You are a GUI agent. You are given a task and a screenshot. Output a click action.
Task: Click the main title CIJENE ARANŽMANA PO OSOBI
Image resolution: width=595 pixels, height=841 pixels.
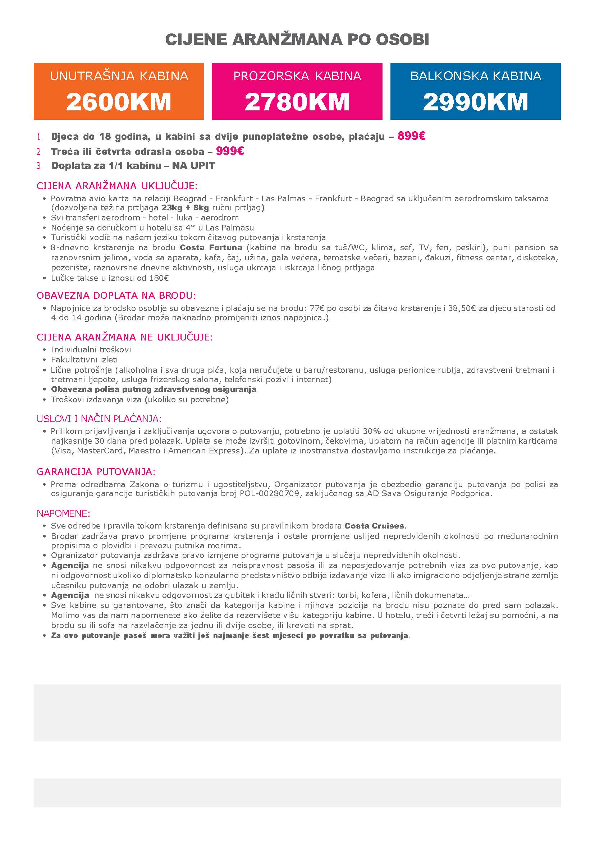tap(297, 40)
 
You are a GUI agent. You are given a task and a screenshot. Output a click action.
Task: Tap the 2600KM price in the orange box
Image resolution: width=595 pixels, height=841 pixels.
tap(119, 102)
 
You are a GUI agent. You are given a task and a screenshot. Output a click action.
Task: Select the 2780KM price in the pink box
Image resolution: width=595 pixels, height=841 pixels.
tap(297, 102)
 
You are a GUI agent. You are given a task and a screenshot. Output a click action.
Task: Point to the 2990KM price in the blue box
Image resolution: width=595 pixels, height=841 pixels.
tap(475, 102)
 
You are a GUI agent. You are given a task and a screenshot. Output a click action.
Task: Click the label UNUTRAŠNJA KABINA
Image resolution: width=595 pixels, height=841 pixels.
tap(119, 76)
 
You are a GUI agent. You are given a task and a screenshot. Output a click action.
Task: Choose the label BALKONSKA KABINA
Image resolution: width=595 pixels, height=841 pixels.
tap(475, 76)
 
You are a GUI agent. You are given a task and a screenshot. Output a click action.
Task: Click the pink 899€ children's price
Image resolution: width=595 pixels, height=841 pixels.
tap(411, 136)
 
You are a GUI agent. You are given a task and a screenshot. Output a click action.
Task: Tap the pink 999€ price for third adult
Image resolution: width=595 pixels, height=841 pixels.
tap(230, 151)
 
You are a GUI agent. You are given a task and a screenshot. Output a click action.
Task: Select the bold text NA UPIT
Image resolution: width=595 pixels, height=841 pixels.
tap(193, 166)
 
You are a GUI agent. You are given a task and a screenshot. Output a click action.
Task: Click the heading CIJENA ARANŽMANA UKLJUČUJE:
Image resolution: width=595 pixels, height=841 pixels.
tap(117, 186)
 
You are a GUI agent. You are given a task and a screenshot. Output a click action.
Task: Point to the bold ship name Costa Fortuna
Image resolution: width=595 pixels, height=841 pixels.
tap(211, 247)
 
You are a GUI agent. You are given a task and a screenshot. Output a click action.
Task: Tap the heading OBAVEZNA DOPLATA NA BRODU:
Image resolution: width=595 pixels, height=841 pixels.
tap(116, 295)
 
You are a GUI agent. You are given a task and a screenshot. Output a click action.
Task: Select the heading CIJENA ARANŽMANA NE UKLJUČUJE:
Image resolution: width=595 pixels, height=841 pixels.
tap(124, 337)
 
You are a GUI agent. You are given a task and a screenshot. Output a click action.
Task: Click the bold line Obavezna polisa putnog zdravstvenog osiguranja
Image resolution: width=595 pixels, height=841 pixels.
tap(154, 389)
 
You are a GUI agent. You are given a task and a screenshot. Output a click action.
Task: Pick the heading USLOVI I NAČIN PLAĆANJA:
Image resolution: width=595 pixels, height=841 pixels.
tap(99, 419)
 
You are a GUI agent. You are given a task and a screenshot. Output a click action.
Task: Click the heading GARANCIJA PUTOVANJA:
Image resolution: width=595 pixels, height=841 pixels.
tap(96, 471)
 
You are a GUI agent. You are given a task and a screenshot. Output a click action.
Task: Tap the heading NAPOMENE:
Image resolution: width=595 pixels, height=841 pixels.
tap(63, 513)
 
